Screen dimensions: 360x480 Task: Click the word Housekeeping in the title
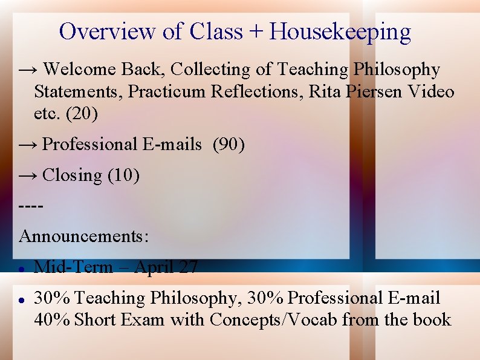pos(340,31)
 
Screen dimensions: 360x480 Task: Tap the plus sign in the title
pos(256,32)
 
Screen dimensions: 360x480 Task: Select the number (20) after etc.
pos(83,113)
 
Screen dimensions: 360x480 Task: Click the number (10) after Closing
pos(123,175)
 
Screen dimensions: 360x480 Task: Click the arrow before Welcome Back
pos(28,70)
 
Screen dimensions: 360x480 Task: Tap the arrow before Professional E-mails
pos(28,145)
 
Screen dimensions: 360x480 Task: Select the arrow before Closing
pos(28,175)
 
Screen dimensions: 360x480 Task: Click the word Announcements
pos(83,235)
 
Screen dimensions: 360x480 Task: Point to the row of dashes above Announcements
pos(31,206)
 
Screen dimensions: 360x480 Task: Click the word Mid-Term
pos(73,267)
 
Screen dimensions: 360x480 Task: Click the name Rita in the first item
pos(326,92)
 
